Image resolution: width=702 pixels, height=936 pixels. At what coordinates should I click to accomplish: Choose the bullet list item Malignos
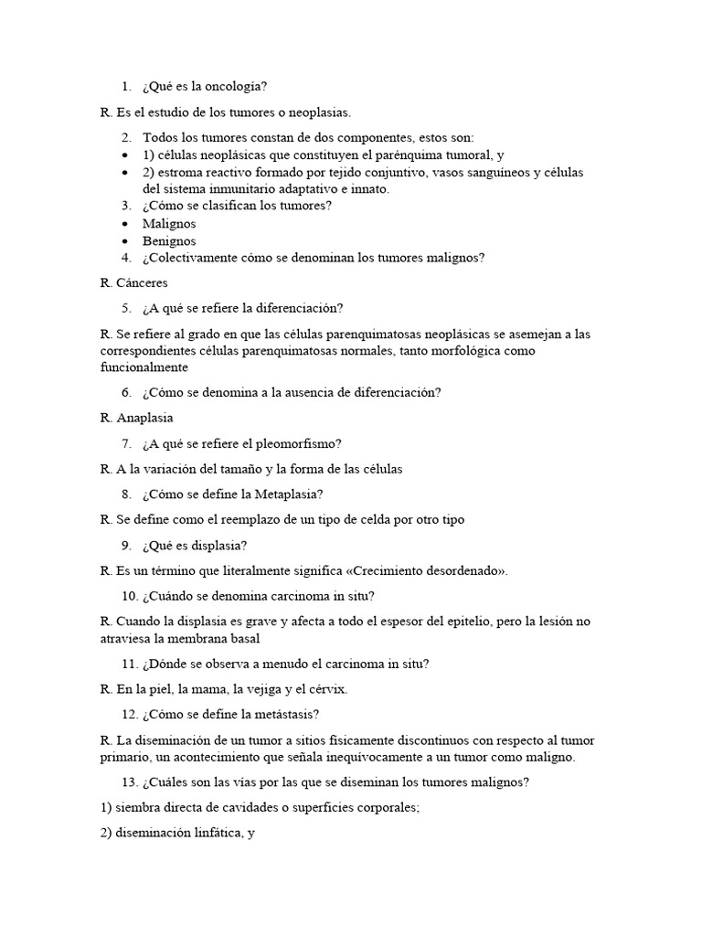169,224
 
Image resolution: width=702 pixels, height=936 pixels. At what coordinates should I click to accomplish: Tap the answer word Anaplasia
145,418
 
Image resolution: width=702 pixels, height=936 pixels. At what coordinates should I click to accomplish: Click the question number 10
129,596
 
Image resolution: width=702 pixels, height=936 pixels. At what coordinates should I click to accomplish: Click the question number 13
129,782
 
